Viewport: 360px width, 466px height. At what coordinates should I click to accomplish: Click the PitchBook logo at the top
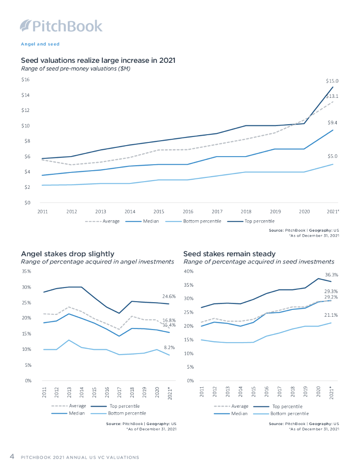coord(61,26)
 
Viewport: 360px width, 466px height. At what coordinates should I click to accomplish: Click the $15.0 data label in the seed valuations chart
coord(332,81)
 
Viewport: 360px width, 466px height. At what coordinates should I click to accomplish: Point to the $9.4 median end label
coord(333,123)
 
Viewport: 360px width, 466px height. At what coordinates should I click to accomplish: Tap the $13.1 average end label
coord(332,96)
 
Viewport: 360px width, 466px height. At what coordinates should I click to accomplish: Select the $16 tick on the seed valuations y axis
coord(25,80)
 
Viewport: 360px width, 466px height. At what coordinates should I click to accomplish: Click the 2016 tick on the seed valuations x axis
coord(188,212)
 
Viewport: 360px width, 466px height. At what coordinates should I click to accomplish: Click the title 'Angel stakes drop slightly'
coord(68,253)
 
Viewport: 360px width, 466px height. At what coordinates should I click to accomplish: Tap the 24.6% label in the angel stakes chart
coord(169,296)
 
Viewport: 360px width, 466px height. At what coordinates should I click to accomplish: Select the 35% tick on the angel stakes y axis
coord(26,271)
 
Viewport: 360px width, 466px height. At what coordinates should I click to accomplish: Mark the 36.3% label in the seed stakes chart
coord(331,275)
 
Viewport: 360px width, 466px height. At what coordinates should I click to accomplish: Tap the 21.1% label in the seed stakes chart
coord(331,315)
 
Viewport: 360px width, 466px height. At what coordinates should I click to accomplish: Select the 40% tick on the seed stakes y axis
coord(188,272)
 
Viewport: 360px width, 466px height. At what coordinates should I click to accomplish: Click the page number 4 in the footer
coord(12,456)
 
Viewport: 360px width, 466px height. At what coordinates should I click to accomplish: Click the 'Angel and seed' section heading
coord(41,44)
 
